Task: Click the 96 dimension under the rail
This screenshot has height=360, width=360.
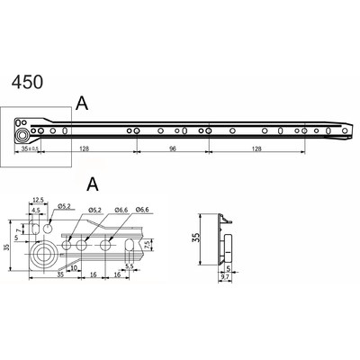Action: click(x=172, y=150)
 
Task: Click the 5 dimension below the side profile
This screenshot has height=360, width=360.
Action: click(x=231, y=268)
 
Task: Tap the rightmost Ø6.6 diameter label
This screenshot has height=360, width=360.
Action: click(x=141, y=210)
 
